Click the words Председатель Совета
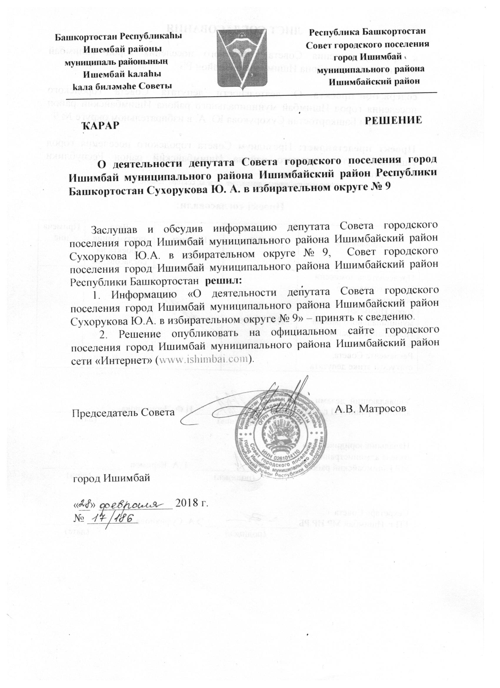click(x=122, y=413)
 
